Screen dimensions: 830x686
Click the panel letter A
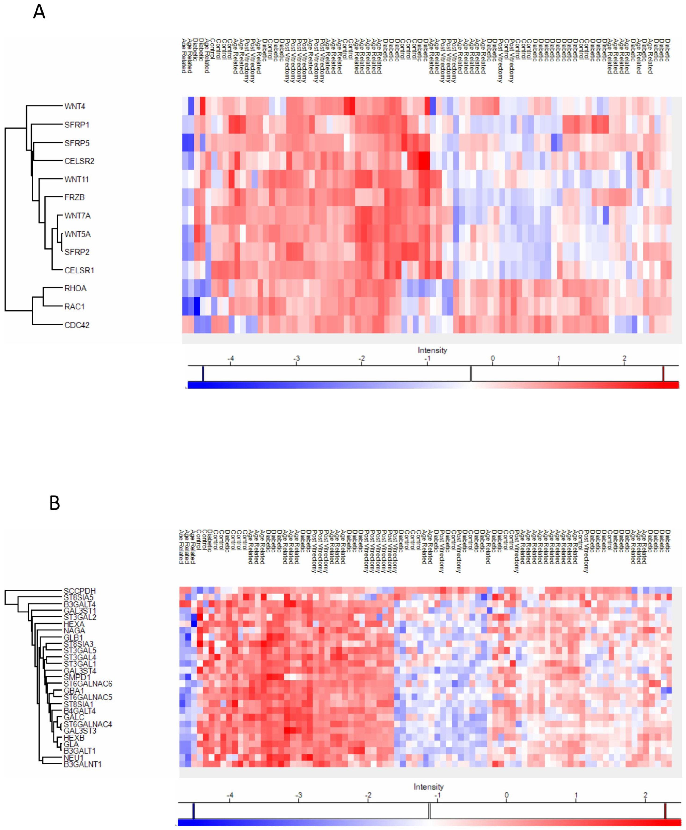[x=39, y=12]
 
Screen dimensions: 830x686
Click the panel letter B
[x=54, y=503]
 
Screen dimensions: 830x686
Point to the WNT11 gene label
[x=77, y=179]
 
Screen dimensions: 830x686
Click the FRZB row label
[x=75, y=197]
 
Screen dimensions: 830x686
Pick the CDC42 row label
[x=77, y=325]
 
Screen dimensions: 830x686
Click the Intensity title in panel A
[x=432, y=350]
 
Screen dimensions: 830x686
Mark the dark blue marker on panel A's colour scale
[x=203, y=374]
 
